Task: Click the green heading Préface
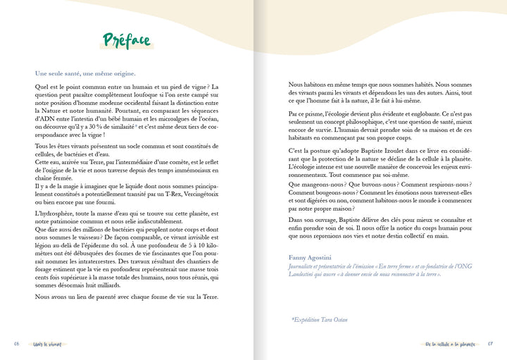coord(127,41)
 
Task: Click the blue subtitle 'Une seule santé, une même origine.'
coord(85,73)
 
